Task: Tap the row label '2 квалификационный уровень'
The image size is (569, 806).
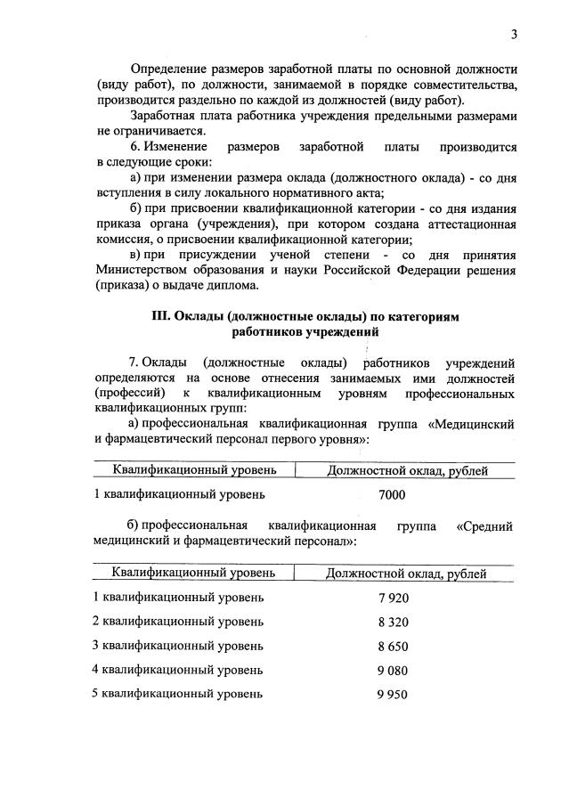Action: [178, 621]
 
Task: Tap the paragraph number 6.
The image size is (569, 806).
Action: [134, 146]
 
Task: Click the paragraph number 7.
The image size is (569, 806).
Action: [134, 362]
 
